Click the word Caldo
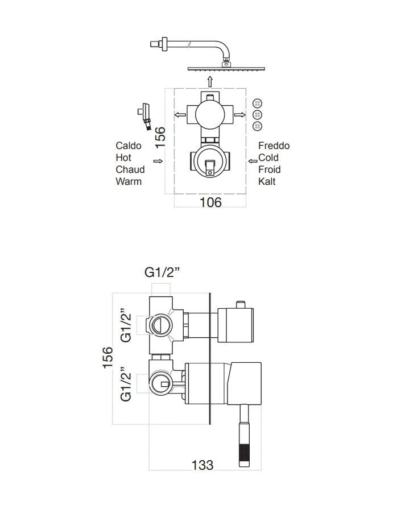[x=129, y=146]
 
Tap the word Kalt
[x=267, y=181]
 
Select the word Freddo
[x=274, y=146]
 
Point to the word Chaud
[x=130, y=169]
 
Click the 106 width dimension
[x=210, y=202]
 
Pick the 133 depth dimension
[x=202, y=465]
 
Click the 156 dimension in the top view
[x=161, y=138]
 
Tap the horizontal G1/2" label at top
[x=163, y=272]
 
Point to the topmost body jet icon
[x=257, y=103]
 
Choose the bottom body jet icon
[x=257, y=126]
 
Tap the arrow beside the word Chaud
[x=163, y=162]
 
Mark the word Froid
[x=270, y=169]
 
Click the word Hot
[x=123, y=158]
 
